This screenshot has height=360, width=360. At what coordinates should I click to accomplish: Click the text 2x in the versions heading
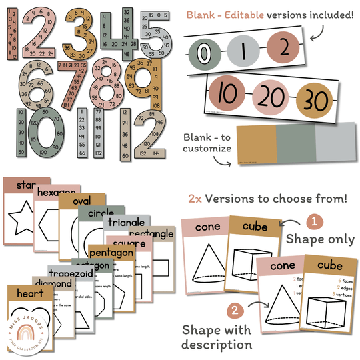[195, 199]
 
